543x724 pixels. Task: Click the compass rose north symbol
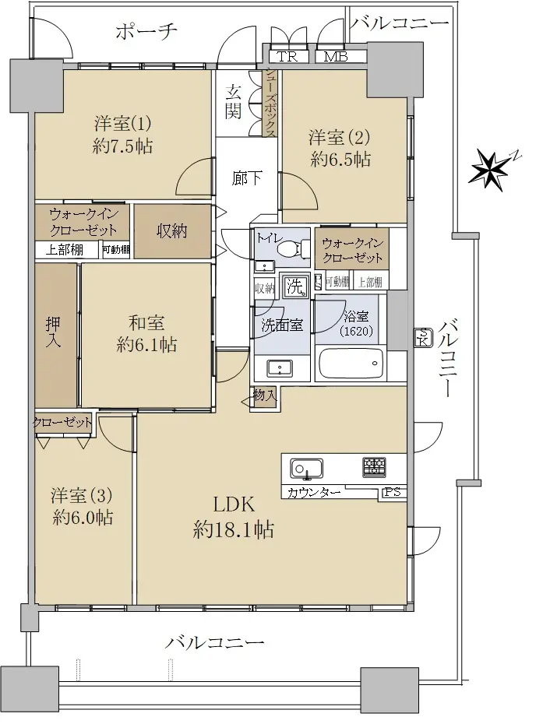489,168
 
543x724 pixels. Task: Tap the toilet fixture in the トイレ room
294,249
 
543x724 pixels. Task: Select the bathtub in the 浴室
351,364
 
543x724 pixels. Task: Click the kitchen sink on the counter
306,469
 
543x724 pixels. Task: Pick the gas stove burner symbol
374,467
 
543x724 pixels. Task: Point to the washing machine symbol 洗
294,286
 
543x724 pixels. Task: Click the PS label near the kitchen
393,492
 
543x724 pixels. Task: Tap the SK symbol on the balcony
423,338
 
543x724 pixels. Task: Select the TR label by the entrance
287,57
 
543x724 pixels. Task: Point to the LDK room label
234,504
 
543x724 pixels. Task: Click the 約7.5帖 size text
122,146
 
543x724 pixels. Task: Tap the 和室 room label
146,322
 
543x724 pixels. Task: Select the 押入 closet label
54,332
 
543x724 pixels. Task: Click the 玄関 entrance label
233,103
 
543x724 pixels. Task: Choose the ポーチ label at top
146,32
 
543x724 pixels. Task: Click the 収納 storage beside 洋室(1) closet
171,231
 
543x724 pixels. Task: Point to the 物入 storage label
265,395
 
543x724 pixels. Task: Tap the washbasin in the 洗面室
280,368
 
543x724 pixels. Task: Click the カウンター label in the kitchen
314,493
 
